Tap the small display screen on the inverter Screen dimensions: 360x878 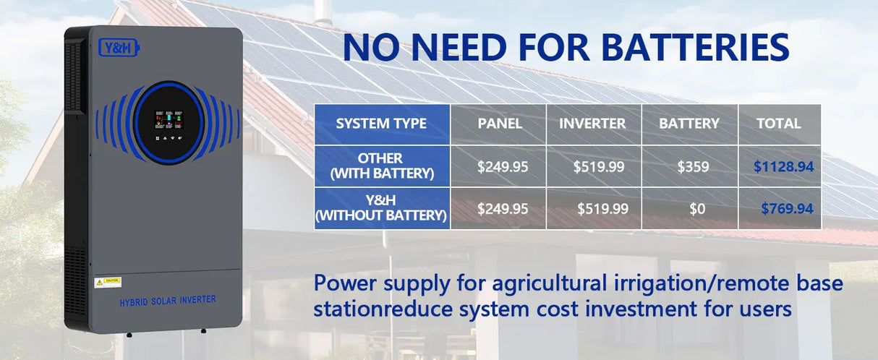point(169,120)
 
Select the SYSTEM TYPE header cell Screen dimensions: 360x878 point(381,124)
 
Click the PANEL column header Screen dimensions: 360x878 point(500,124)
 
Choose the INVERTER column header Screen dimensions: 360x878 point(592,124)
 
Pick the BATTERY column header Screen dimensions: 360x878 point(689,124)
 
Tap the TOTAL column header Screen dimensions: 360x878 point(778,124)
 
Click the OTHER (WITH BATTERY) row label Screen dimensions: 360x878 point(381,166)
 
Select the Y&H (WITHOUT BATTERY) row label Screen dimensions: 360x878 point(381,208)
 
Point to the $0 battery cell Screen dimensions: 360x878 point(696,209)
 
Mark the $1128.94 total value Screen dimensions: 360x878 point(783,166)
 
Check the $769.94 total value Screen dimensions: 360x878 point(787,209)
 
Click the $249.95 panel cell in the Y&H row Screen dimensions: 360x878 point(503,209)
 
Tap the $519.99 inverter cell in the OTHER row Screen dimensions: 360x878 point(598,166)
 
